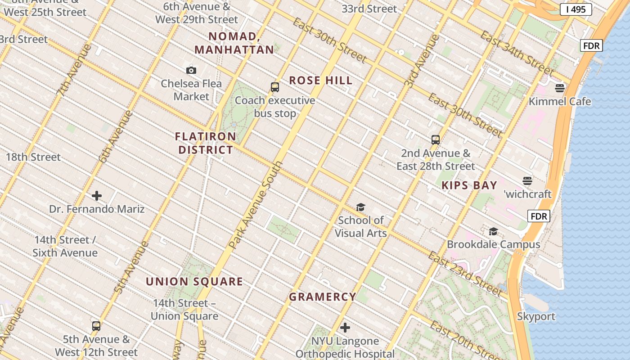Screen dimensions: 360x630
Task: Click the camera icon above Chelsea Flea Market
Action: click(x=191, y=70)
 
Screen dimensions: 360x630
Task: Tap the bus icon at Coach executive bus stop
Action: click(x=274, y=87)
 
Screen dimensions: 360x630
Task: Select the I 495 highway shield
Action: click(x=576, y=9)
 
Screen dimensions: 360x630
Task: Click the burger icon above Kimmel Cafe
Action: click(x=560, y=88)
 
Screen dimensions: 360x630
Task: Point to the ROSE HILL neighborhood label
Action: click(x=320, y=81)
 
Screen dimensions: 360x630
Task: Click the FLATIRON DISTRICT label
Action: click(x=206, y=143)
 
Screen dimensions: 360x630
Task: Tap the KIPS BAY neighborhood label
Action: click(x=469, y=185)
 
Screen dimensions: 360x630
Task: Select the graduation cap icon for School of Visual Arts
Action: click(x=360, y=207)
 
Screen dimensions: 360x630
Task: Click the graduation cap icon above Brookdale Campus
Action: click(x=493, y=231)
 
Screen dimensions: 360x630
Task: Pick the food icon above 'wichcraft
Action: click(x=527, y=181)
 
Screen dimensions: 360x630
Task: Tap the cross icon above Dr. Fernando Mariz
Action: click(x=97, y=196)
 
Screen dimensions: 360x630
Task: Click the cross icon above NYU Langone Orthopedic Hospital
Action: click(x=345, y=328)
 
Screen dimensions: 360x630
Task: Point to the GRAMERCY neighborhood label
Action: click(x=322, y=297)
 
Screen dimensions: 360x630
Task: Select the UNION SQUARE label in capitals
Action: click(x=194, y=282)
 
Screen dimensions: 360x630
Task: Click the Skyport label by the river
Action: click(x=535, y=316)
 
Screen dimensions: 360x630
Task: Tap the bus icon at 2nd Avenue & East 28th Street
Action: click(x=435, y=139)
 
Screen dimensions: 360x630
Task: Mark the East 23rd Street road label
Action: click(x=464, y=274)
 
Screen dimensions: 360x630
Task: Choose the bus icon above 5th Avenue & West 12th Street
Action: click(x=96, y=326)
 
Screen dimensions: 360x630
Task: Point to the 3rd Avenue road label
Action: click(x=422, y=61)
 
